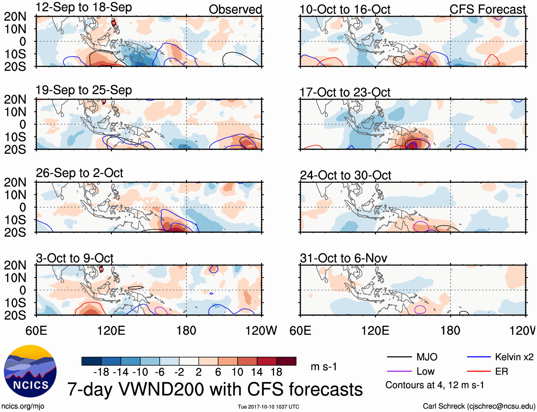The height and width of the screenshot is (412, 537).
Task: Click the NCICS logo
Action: pyautogui.click(x=30, y=371)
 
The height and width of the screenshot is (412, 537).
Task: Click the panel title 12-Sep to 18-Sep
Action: pyautogui.click(x=84, y=7)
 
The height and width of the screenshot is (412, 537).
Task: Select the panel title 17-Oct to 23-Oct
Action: pyautogui.click(x=345, y=92)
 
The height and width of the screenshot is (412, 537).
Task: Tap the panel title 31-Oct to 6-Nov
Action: pyautogui.click(x=343, y=258)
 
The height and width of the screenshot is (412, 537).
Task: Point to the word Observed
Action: pyautogui.click(x=235, y=10)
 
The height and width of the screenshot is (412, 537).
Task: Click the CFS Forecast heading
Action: pyautogui.click(x=487, y=10)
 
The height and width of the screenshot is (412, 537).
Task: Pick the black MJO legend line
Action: pyautogui.click(x=399, y=357)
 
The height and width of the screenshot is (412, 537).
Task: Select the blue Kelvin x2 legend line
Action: pyautogui.click(x=479, y=357)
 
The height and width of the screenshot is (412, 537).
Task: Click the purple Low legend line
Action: pyautogui.click(x=399, y=371)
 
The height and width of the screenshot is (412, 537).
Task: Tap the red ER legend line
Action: pyautogui.click(x=479, y=371)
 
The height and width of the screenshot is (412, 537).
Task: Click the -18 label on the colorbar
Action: pyautogui.click(x=101, y=372)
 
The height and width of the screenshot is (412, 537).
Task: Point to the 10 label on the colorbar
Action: pyautogui.click(x=237, y=372)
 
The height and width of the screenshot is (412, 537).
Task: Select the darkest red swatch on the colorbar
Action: pyautogui.click(x=286, y=361)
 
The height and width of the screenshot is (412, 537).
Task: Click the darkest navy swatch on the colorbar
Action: pyautogui.click(x=91, y=361)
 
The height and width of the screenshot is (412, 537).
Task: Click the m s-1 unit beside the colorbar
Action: pyautogui.click(x=324, y=366)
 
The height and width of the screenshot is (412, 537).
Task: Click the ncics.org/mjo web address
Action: pyautogui.click(x=23, y=406)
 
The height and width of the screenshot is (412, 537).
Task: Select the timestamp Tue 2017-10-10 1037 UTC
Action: pyautogui.click(x=268, y=407)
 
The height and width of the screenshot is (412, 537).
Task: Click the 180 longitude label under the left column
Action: pyautogui.click(x=186, y=331)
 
